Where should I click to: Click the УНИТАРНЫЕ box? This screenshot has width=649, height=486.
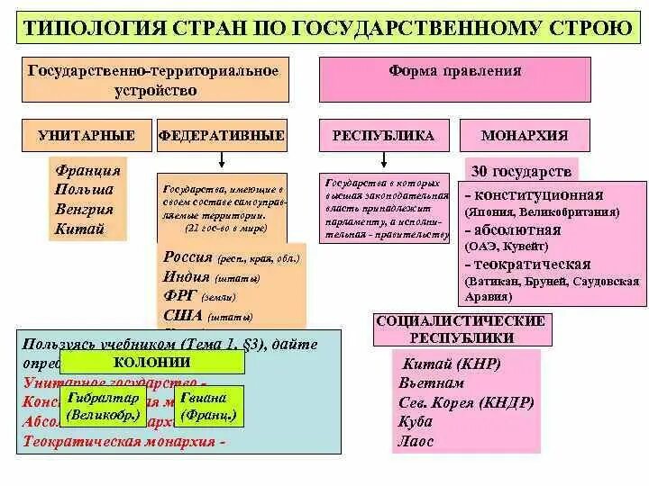[x=87, y=136]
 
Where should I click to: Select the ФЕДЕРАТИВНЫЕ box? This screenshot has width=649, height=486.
[x=222, y=136]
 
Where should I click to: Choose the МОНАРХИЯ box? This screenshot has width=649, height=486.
[x=525, y=136]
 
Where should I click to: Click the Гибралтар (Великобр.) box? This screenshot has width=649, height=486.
[x=103, y=407]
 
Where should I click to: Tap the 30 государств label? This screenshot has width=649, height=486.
[x=522, y=171]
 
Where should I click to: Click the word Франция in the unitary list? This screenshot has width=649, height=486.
[x=87, y=170]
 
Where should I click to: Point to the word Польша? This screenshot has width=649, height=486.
[x=85, y=190]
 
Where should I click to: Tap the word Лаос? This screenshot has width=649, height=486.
[x=416, y=442]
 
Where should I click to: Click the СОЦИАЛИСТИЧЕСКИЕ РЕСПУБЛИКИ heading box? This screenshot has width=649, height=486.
[x=461, y=329]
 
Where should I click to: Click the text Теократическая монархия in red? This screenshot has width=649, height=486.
[x=118, y=442]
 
